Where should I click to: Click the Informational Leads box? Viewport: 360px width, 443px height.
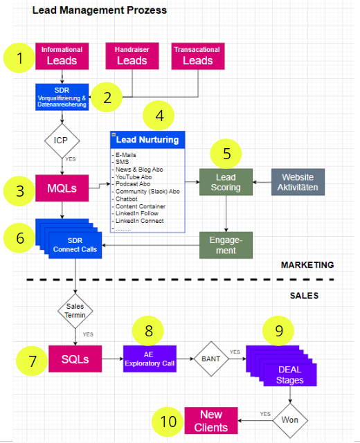pyautogui.click(x=62, y=55)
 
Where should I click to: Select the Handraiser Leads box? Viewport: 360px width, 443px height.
pyautogui.click(x=132, y=55)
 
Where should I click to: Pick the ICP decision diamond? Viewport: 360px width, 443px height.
pyautogui.click(x=61, y=141)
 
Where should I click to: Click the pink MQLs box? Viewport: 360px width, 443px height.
pyautogui.click(x=61, y=188)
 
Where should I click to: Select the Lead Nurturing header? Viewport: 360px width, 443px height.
pyautogui.click(x=147, y=139)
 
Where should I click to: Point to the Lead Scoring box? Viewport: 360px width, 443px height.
pyautogui.click(x=226, y=182)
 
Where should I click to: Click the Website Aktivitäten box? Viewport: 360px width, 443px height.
pyautogui.click(x=298, y=182)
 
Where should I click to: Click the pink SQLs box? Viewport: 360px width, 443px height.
pyautogui.click(x=75, y=359)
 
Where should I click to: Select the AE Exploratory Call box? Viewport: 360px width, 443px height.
pyautogui.click(x=150, y=359)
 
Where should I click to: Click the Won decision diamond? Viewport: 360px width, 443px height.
pyautogui.click(x=289, y=420)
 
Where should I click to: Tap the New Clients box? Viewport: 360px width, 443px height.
pyautogui.click(x=211, y=420)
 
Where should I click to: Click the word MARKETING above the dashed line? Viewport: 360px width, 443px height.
pyautogui.click(x=307, y=264)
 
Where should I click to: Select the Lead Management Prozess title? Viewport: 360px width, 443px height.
pyautogui.click(x=100, y=11)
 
